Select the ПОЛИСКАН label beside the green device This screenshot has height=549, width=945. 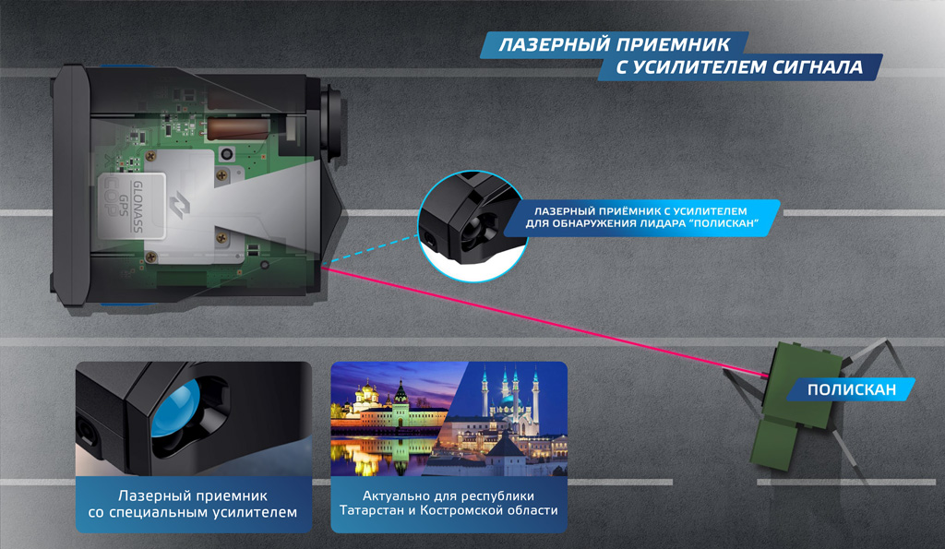pyautogui.click(x=851, y=389)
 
